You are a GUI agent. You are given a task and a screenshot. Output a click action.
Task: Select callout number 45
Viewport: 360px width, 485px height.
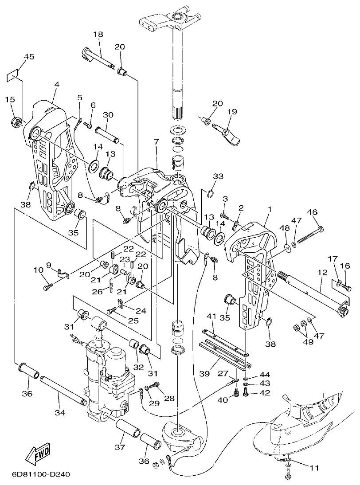click(x=29, y=57)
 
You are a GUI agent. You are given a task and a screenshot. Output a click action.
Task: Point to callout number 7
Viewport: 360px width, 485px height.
click(x=156, y=142)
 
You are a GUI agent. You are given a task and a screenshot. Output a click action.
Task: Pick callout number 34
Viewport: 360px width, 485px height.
click(x=60, y=412)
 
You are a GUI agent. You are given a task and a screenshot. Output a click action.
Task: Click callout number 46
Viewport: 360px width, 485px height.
click(x=313, y=212)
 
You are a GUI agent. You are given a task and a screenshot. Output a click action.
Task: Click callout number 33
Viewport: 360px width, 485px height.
click(x=218, y=176)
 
